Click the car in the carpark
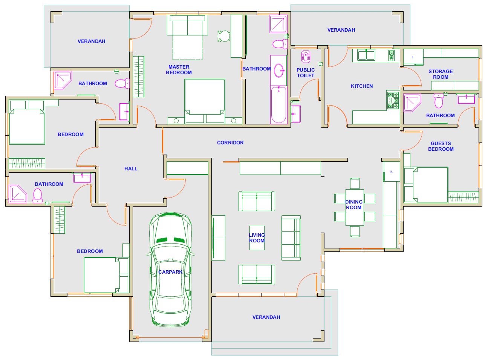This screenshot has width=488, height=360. coord(170,270)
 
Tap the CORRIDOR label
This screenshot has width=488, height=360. coord(230,143)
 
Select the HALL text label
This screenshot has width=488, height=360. coord(131,169)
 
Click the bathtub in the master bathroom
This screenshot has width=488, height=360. coord(278,105)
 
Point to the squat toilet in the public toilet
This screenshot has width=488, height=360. coord(306,57)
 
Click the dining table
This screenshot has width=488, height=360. coord(355,207)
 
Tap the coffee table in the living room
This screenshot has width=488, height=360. coord(257,238)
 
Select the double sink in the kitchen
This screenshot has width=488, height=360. coord(366,55)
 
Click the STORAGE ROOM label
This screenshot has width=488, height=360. coord(441,74)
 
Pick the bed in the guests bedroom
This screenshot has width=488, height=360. coord(426,185)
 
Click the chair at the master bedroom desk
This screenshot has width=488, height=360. coord(224,36)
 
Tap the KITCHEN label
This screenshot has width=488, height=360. coord(362,86)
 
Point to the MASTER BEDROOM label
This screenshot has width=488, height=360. coord(179,70)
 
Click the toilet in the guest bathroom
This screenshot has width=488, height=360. coord(439,101)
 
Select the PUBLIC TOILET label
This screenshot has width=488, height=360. coord(306,73)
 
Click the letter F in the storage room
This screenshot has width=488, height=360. coord(413,57)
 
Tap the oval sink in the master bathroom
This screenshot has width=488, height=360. coord(279,70)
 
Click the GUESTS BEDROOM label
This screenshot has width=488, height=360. coord(441,146)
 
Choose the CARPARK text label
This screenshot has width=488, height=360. coord(170,272)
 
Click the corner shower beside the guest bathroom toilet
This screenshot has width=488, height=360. coord(412,103)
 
